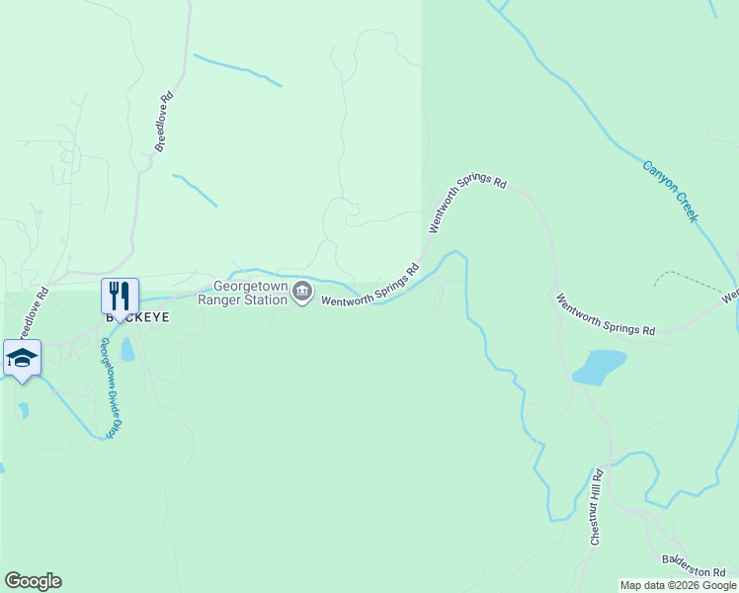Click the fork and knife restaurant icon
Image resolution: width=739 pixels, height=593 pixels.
coord(120,296)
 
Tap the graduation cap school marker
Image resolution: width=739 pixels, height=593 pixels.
coord(22,358)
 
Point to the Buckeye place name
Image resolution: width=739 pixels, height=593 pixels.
coord(138,318)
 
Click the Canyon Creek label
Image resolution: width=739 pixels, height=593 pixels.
coord(671,191)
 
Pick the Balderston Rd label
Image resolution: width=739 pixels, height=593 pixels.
coord(695,564)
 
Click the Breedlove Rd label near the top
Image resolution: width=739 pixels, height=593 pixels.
coord(164,122)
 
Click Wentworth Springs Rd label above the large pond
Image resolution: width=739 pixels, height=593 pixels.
coord(605,315)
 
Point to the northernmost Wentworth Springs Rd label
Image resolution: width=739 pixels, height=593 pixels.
coord(467,205)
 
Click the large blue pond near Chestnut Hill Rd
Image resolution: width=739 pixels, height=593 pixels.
coord(600,366)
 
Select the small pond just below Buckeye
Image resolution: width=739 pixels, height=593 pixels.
coord(127,349)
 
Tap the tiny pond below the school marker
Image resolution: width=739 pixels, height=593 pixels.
coord(23,408)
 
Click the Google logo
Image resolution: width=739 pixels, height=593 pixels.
coord(33,581)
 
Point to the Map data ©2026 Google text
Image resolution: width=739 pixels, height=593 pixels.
coord(678,586)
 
